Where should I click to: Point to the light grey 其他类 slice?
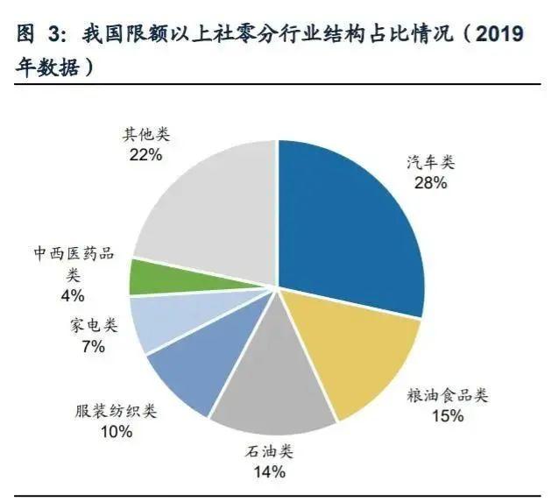(210, 210)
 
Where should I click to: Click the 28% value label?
(431, 183)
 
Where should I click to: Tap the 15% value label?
(447, 416)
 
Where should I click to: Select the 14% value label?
(269, 472)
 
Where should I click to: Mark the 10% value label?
(116, 431)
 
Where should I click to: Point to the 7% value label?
(93, 346)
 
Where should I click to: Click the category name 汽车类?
(431, 163)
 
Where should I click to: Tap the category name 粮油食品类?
(448, 395)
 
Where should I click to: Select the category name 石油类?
(269, 452)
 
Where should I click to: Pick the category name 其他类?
(146, 135)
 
